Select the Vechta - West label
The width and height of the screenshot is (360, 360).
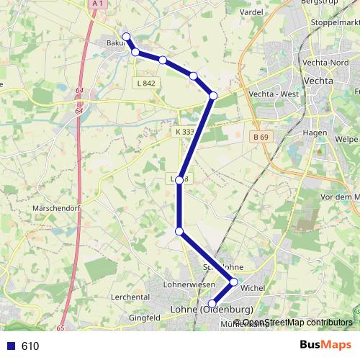point(272,94)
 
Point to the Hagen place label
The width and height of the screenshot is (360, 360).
point(315,133)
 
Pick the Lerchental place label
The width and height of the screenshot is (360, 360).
point(130,297)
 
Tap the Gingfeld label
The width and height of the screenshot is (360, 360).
point(144,317)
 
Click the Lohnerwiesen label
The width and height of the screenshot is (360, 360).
point(186,285)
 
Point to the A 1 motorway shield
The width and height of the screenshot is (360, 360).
point(98,4)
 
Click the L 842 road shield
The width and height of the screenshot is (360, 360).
point(144,84)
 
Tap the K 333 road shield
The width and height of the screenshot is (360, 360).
point(184,132)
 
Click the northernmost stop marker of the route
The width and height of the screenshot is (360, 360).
point(127,37)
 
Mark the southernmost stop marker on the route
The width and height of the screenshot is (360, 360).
point(212,304)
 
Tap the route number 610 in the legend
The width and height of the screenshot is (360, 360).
point(30,346)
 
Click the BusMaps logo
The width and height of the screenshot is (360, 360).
point(325,345)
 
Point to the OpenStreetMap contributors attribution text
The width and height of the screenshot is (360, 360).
point(297,322)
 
